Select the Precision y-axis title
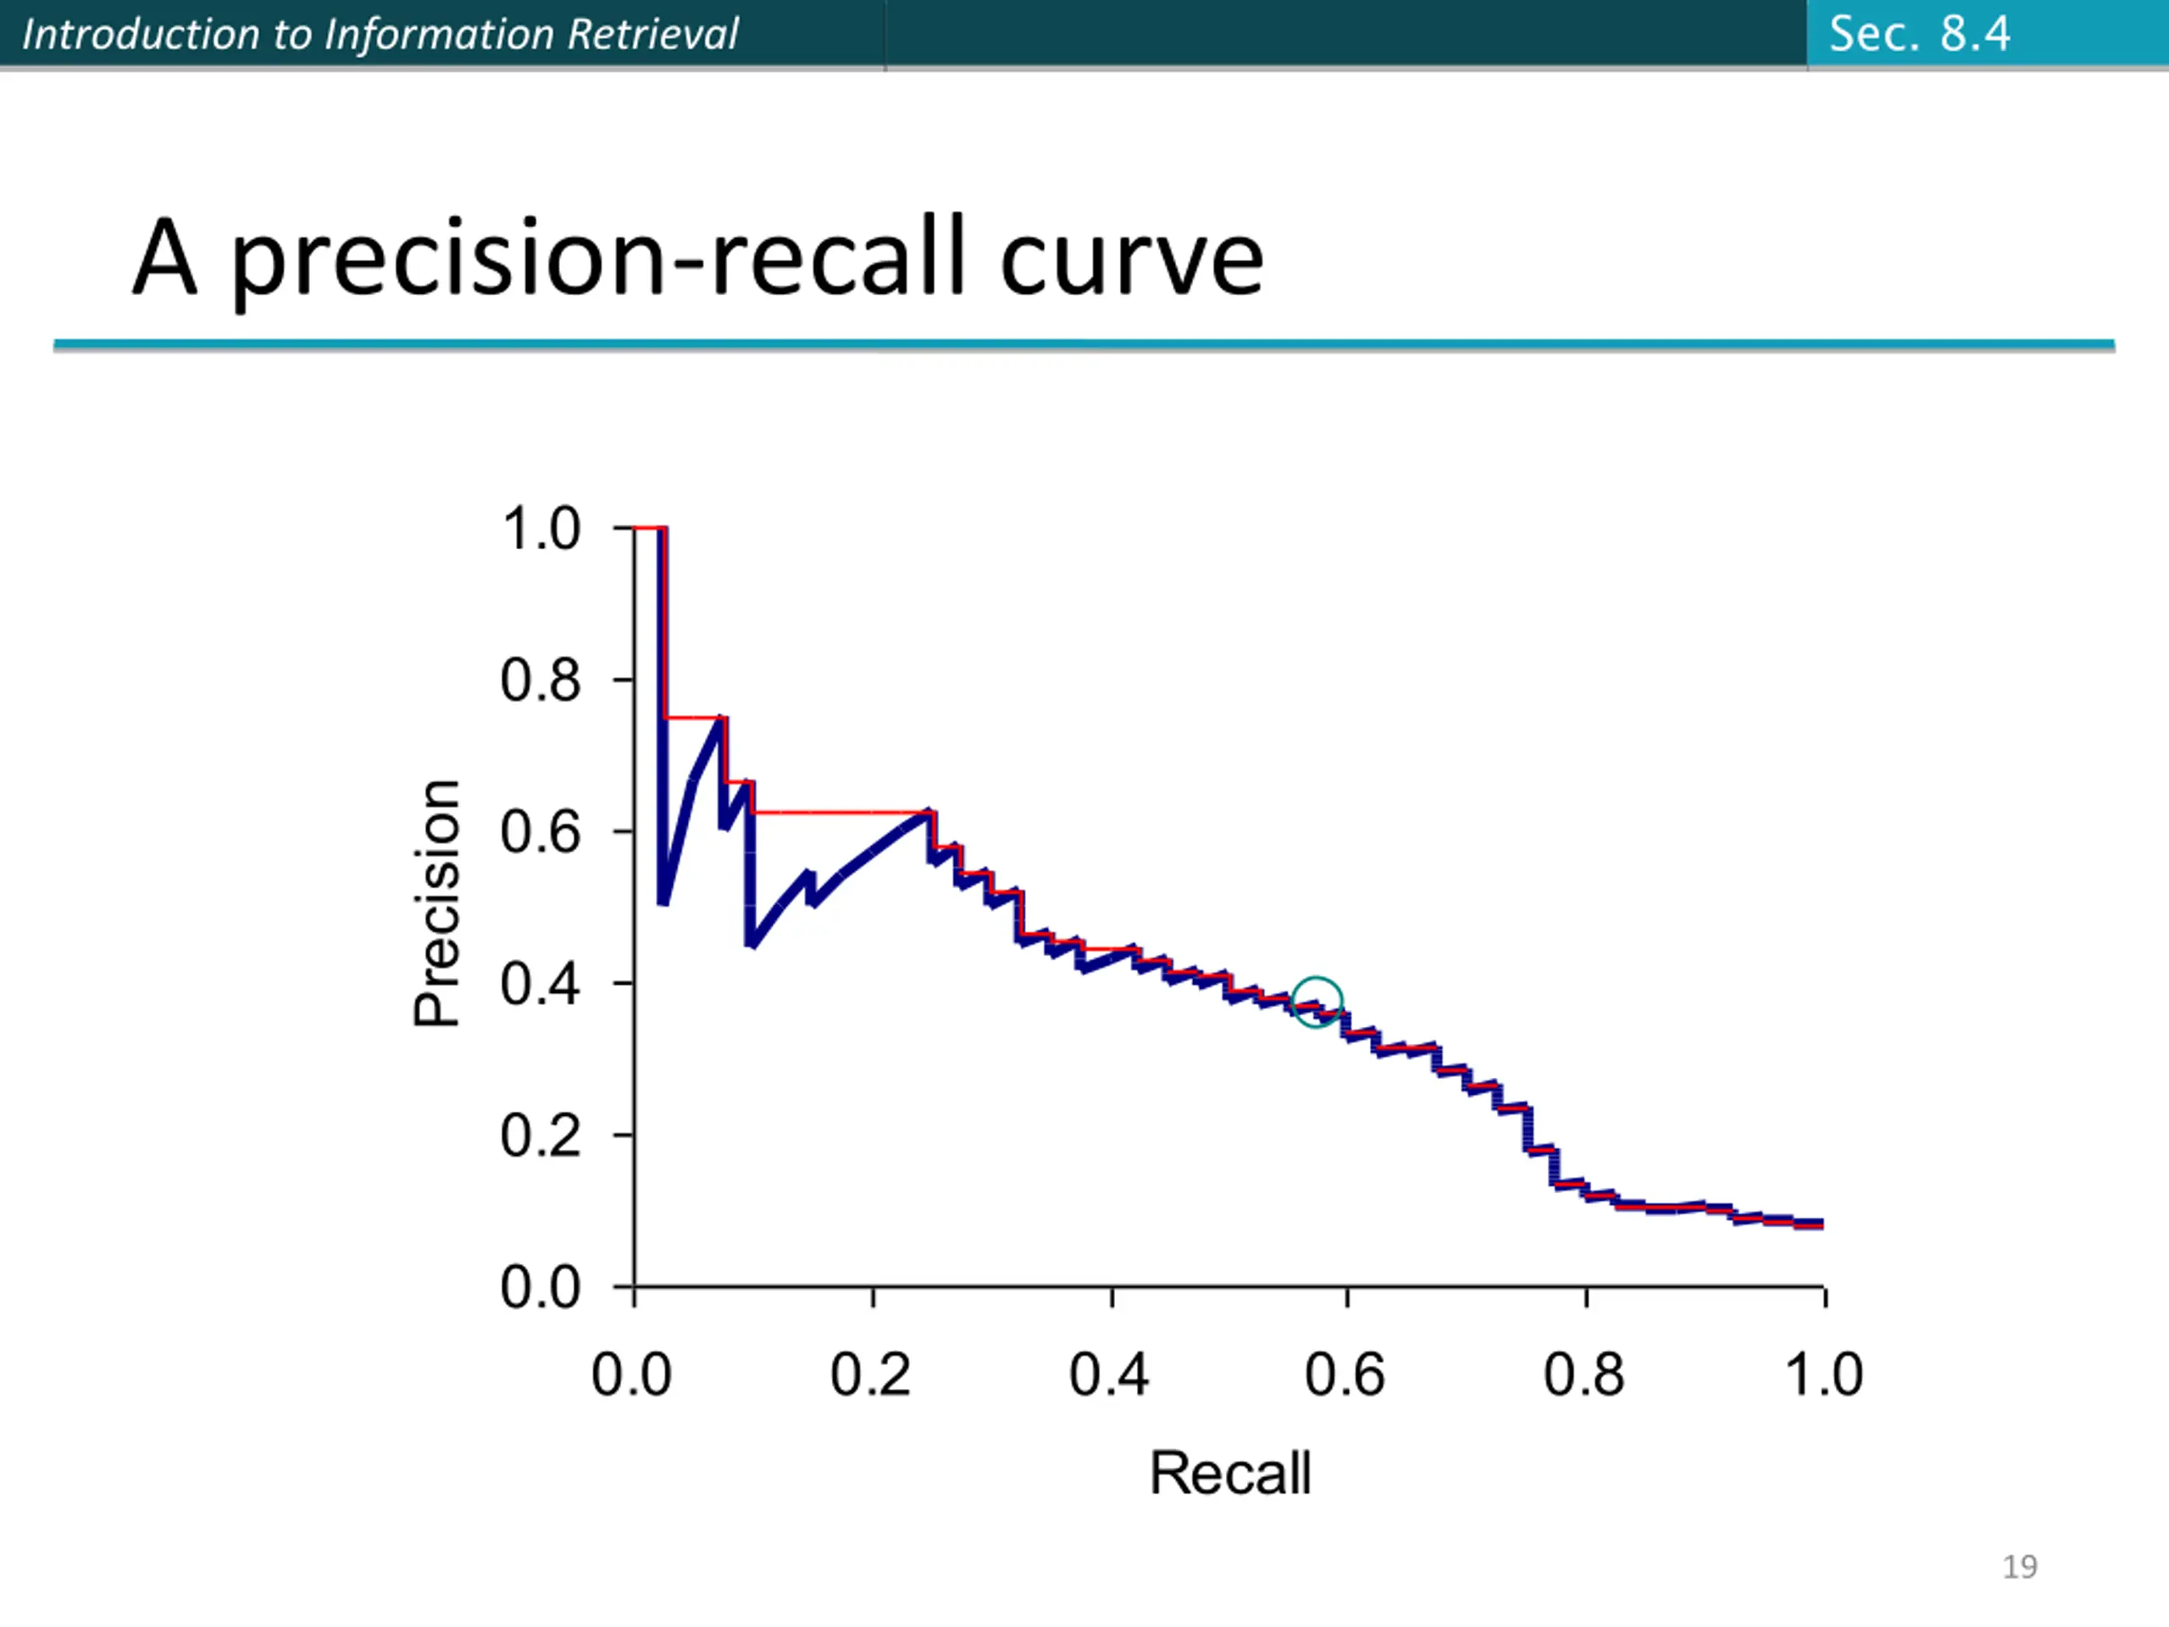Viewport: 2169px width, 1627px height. pos(436,902)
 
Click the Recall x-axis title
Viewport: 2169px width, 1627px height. pos(1229,1472)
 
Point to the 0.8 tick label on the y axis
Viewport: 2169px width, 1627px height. pos(541,679)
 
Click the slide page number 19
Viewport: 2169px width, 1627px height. pos(2020,1566)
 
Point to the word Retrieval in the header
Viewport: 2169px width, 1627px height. pos(652,35)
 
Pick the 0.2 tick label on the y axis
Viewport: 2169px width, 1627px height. pos(541,1135)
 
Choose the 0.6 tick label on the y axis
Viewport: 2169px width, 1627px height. pos(541,830)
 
